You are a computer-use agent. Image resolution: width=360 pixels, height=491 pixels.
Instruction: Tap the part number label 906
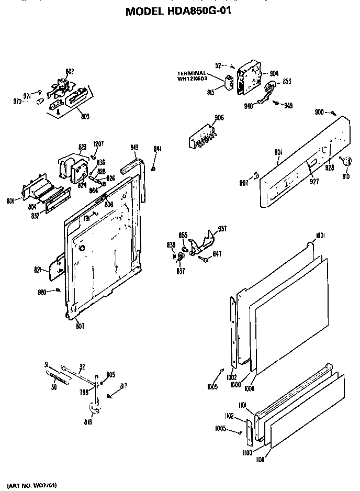point(219,118)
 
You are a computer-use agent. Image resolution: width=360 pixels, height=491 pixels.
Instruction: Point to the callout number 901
point(278,152)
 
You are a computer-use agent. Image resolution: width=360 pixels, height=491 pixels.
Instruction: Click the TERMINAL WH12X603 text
point(195,76)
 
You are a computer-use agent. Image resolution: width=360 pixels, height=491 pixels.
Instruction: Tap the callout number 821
point(38,269)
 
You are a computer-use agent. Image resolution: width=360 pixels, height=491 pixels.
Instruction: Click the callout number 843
point(134,148)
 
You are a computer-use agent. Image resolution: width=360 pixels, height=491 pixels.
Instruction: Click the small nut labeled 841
point(153,168)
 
